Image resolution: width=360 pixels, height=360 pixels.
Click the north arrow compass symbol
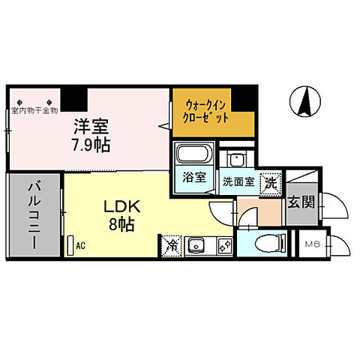304,102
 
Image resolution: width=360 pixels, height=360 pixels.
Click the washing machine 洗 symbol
268,181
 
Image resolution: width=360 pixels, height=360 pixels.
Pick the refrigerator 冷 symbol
172,244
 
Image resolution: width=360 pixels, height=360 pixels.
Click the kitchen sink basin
197,244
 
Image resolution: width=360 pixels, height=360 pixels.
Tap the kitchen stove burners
222,244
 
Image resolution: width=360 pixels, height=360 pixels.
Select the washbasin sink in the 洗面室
239,160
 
